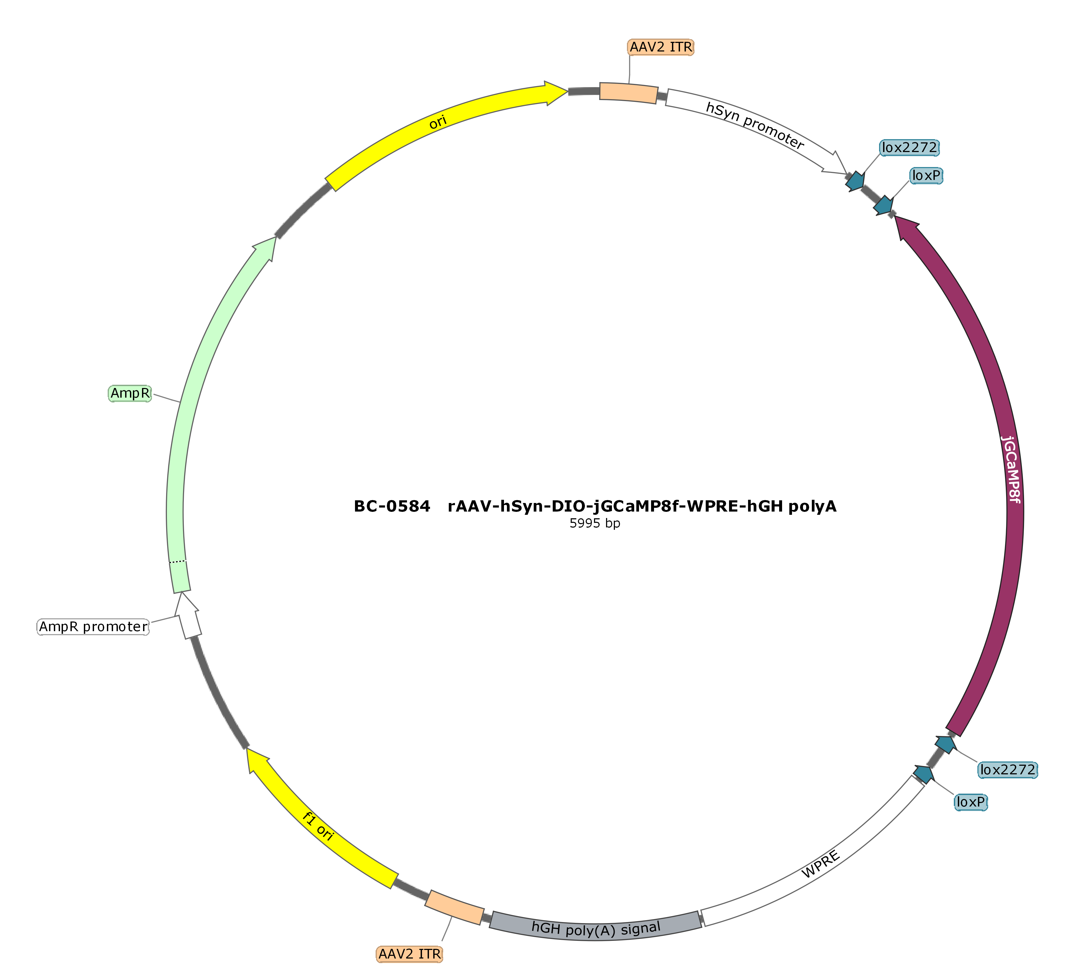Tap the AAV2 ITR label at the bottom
click(409, 954)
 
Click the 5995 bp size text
click(595, 523)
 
